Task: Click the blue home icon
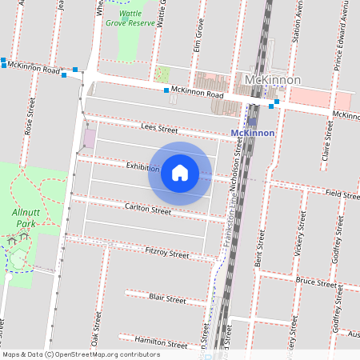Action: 180,172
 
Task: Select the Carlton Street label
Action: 148,210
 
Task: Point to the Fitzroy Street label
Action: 166,254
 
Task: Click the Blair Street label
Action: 167,299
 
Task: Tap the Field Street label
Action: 343,193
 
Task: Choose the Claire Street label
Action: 326,138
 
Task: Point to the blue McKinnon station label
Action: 252,133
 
